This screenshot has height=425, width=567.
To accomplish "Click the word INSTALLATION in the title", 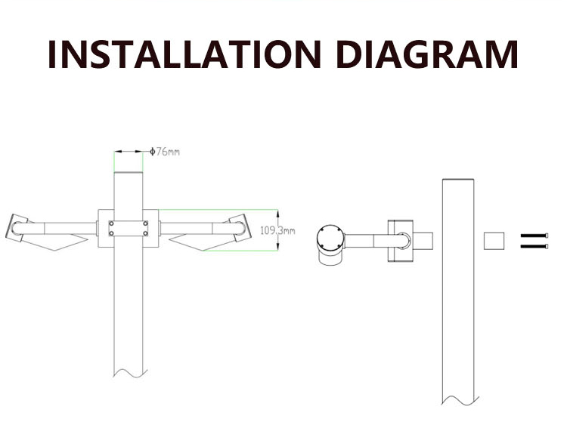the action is click(184, 54).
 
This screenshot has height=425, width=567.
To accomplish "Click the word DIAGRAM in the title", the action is click(427, 54).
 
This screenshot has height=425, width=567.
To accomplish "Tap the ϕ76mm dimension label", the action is click(165, 152).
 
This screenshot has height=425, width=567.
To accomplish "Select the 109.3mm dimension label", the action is click(277, 230).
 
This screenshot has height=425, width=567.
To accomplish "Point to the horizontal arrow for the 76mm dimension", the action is click(129, 152).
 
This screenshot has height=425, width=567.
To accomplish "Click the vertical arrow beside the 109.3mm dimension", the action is click(277, 230).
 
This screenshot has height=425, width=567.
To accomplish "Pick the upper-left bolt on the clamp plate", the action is click(111, 223).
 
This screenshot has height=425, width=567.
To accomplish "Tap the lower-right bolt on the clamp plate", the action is click(145, 233).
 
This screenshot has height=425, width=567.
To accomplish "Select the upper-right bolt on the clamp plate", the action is click(145, 223).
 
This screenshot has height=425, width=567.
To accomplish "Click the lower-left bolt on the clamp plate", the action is click(111, 233).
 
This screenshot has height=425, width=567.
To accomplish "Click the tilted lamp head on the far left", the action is click(17, 228).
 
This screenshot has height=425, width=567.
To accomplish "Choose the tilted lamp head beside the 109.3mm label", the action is click(240, 228).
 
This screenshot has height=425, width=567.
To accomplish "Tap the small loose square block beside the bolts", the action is click(494, 241).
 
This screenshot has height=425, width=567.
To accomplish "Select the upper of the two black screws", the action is click(534, 236).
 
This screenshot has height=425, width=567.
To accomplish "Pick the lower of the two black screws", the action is click(534, 246).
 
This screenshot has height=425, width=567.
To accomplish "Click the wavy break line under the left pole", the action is click(131, 374).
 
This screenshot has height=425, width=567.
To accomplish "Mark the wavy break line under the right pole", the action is click(460, 400).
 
